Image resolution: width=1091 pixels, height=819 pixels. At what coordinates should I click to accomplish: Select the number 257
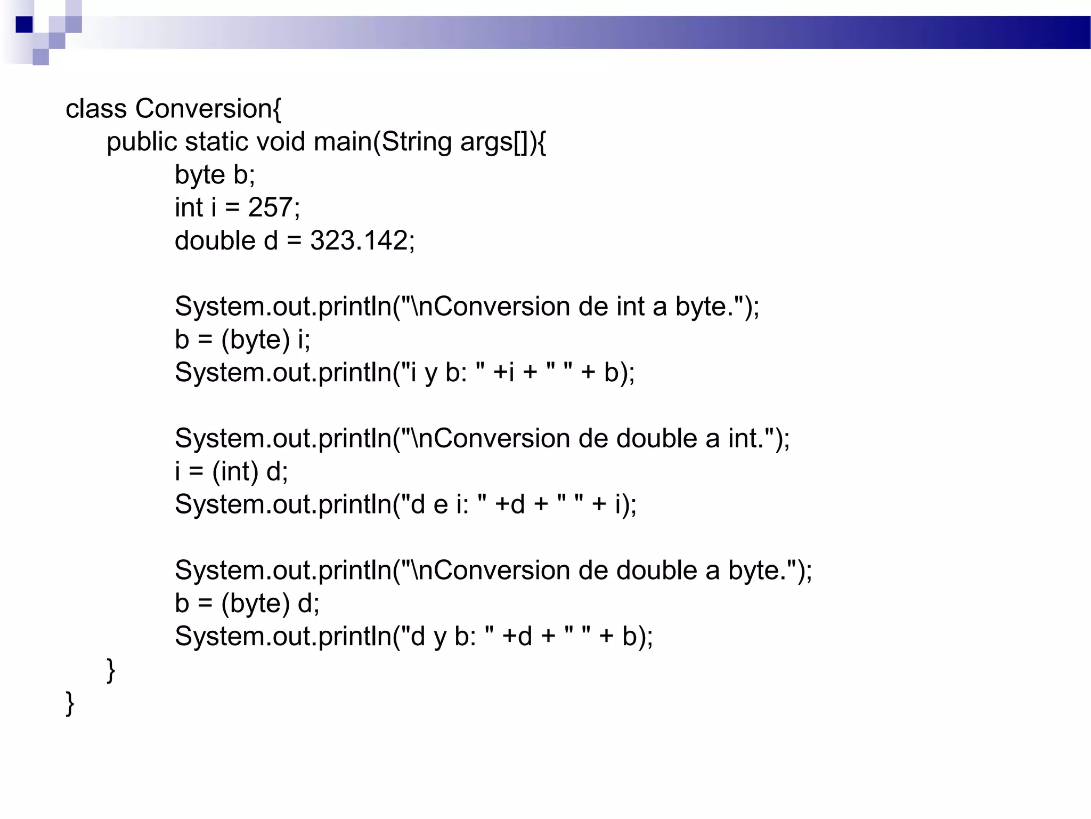click(x=270, y=207)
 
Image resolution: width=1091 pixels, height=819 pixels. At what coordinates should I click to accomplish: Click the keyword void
click(x=281, y=142)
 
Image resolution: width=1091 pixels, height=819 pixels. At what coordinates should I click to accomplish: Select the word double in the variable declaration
click(x=215, y=240)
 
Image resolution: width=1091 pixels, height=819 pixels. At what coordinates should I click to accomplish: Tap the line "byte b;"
click(x=215, y=175)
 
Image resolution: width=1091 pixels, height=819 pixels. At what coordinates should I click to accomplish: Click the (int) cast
click(x=235, y=471)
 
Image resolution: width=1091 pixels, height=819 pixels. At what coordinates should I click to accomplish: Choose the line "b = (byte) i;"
click(x=242, y=340)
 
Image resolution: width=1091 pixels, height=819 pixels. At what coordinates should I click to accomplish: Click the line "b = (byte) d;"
click(x=247, y=603)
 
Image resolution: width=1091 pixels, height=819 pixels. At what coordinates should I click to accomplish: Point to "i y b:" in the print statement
click(x=438, y=373)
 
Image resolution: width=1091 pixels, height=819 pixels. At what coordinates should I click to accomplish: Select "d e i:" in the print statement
click(x=439, y=504)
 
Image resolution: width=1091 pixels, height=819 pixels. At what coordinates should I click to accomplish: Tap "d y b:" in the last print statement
click(x=443, y=636)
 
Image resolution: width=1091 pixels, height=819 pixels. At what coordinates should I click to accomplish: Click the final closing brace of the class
click(x=70, y=703)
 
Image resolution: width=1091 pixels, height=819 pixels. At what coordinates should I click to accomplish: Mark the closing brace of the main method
click(x=111, y=670)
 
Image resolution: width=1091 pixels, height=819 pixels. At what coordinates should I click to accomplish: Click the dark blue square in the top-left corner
click(x=24, y=25)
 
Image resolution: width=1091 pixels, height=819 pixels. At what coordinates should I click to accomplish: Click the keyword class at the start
click(x=96, y=109)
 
